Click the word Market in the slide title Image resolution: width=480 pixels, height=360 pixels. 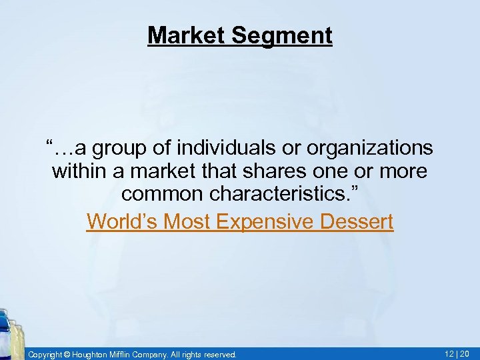click(187, 35)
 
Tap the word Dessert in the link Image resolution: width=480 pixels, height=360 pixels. click(360, 221)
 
